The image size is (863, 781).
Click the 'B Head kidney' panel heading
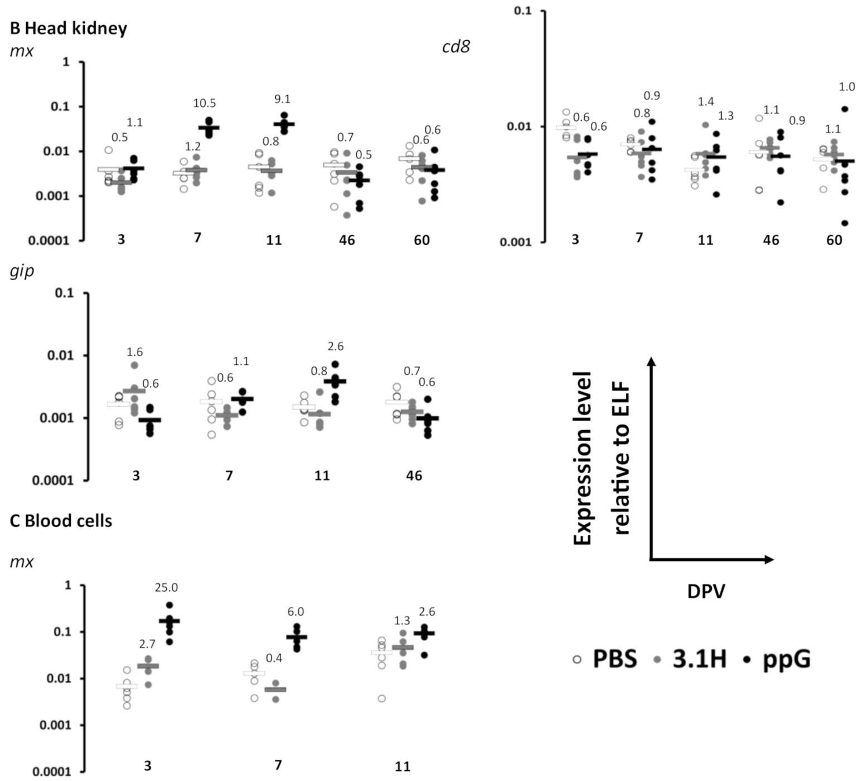point(69,28)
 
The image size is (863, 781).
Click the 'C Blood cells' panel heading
point(61,521)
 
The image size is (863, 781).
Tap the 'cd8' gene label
point(455,47)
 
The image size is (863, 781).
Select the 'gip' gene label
point(22,271)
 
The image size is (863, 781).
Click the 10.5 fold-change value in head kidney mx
point(205,103)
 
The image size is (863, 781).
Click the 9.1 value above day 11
point(283,99)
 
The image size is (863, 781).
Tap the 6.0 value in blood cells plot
point(295,612)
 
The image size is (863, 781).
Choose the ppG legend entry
point(777,659)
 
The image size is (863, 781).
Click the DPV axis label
point(706,591)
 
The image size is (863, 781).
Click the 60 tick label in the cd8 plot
point(834,240)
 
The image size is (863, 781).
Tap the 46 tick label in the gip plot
point(414,476)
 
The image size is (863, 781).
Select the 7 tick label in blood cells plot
point(278,765)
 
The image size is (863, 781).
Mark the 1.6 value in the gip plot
point(134,352)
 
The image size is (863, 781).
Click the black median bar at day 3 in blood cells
point(169,621)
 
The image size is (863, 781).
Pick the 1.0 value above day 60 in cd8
point(847,87)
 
